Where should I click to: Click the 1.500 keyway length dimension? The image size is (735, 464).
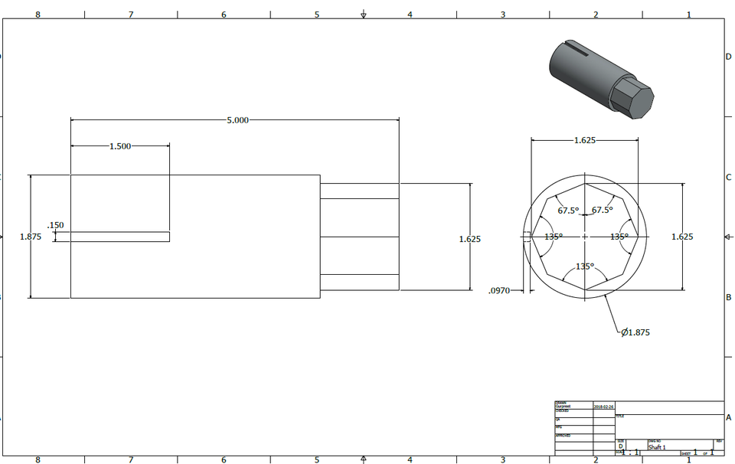coord(120,146)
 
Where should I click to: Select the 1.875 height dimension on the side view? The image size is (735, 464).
coord(31,237)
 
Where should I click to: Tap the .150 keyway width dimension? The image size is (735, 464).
coord(55,225)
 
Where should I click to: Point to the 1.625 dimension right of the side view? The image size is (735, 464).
coord(469,239)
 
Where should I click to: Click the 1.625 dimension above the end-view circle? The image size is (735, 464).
coord(585,141)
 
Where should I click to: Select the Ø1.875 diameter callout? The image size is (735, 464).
coord(635,332)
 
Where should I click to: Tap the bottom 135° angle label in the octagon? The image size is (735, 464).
coord(584,266)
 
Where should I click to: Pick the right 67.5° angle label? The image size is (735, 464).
coord(602,210)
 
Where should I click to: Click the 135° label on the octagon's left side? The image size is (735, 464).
coord(553,237)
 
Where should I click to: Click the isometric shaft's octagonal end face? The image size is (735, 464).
coord(635,101)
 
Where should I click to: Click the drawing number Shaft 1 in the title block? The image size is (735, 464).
coord(658,447)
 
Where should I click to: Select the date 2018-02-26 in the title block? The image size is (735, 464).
coord(603,407)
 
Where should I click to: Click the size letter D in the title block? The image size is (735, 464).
coord(621,446)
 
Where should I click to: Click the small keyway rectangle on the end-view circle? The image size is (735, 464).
coord(527,237)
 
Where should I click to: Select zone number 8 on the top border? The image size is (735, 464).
coord(38,15)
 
